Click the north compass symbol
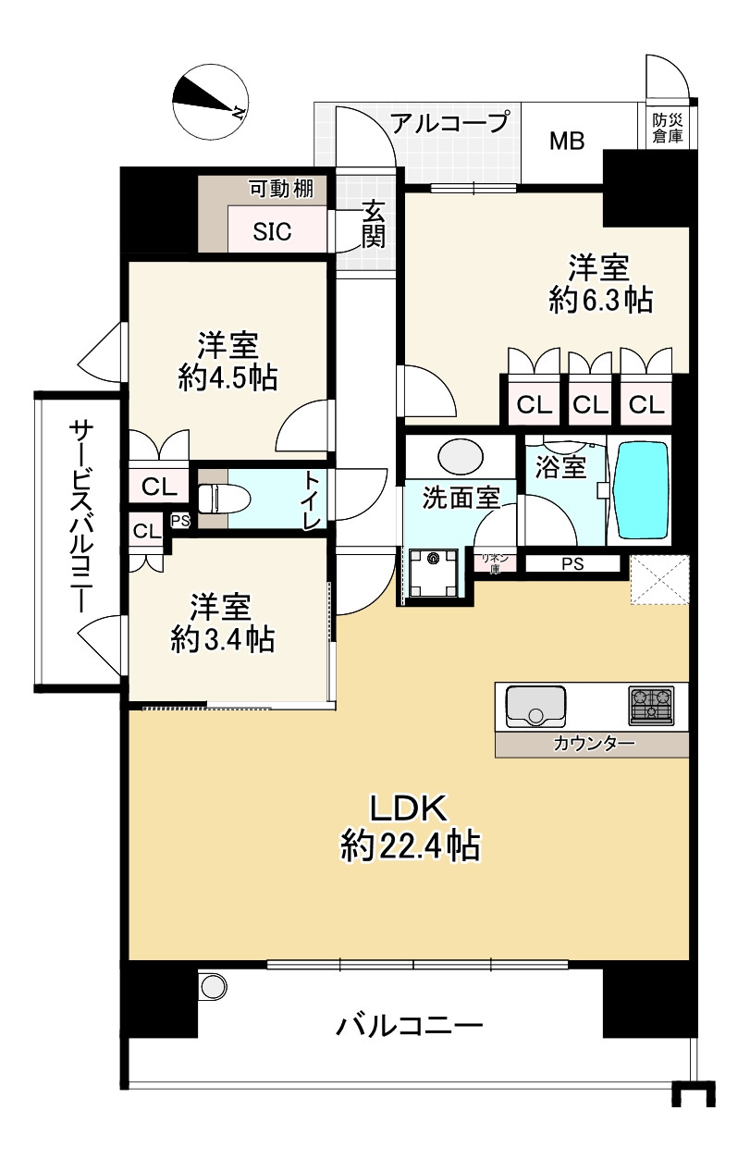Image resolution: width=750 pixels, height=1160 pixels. coord(211,102)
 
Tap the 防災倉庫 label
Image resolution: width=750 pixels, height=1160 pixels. coord(667,128)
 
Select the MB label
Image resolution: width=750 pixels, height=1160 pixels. coord(567,141)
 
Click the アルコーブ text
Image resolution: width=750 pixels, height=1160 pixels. coord(449,123)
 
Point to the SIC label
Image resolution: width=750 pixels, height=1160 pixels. coord(272,231)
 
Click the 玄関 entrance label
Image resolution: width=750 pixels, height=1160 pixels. coord(374,224)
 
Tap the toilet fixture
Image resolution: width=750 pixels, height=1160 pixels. coord(224,499)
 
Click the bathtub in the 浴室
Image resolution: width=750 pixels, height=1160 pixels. coord(640,490)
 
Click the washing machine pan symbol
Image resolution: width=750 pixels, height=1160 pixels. coord(434,573)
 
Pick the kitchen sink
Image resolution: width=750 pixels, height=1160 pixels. coord(535,707)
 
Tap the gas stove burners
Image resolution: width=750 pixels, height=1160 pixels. coord(651,705)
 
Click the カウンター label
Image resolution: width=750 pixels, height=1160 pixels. coord(594,744)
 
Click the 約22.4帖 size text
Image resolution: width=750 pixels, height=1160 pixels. coord(410,846)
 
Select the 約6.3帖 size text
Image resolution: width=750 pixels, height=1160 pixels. coord(601,300)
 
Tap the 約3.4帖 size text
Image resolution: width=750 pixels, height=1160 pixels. coord(223,639)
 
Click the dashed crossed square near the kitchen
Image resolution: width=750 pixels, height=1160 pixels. coord(659,579)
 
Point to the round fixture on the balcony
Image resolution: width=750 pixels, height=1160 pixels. coord(214,986)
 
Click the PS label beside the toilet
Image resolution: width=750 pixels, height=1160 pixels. coord(180,520)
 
